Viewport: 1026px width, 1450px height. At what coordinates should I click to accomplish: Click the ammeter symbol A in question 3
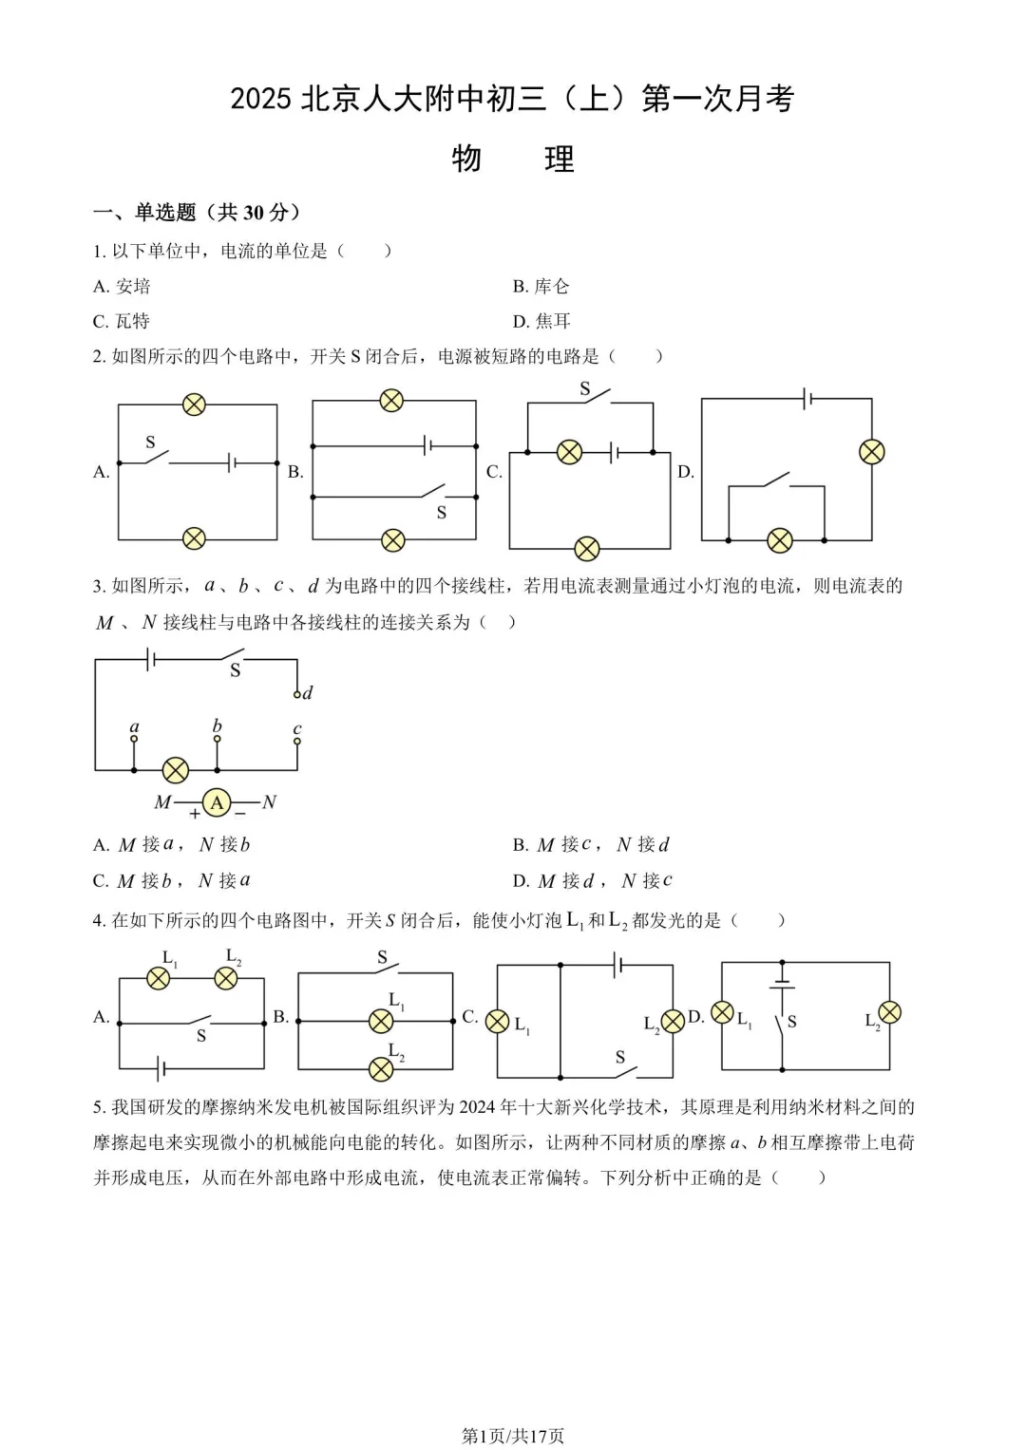[x=217, y=803]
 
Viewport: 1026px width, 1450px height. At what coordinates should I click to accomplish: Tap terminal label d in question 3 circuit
[x=307, y=693]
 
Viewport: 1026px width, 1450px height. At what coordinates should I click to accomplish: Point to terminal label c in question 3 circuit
[x=297, y=729]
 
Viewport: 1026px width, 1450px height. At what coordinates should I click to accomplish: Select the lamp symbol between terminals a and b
[x=176, y=769]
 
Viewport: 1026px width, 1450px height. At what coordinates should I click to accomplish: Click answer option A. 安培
[x=123, y=287]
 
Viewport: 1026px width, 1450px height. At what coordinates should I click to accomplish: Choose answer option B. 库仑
[x=541, y=287]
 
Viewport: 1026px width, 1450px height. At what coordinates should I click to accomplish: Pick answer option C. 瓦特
[x=122, y=322]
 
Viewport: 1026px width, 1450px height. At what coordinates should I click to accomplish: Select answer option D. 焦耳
[x=541, y=322]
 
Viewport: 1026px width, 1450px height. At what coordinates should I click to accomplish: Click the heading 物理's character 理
[x=559, y=159]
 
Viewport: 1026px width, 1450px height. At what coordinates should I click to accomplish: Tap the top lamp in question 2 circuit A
[x=194, y=405]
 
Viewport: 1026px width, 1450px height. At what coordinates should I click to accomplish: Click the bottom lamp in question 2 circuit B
[x=392, y=540]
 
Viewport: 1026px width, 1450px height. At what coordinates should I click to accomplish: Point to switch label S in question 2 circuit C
[x=585, y=389]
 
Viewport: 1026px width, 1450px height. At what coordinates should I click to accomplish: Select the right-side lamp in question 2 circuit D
[x=871, y=452]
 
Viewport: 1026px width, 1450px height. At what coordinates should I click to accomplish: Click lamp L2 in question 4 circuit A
[x=226, y=978]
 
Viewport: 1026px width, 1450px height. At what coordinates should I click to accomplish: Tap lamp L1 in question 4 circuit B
[x=380, y=1021]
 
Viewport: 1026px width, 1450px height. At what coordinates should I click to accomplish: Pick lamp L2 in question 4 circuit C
[x=673, y=1021]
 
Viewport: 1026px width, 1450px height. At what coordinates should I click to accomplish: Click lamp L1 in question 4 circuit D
[x=723, y=1013]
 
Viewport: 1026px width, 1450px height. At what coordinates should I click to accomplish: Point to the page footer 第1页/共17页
[x=513, y=1436]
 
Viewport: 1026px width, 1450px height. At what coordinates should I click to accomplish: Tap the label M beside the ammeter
[x=162, y=803]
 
